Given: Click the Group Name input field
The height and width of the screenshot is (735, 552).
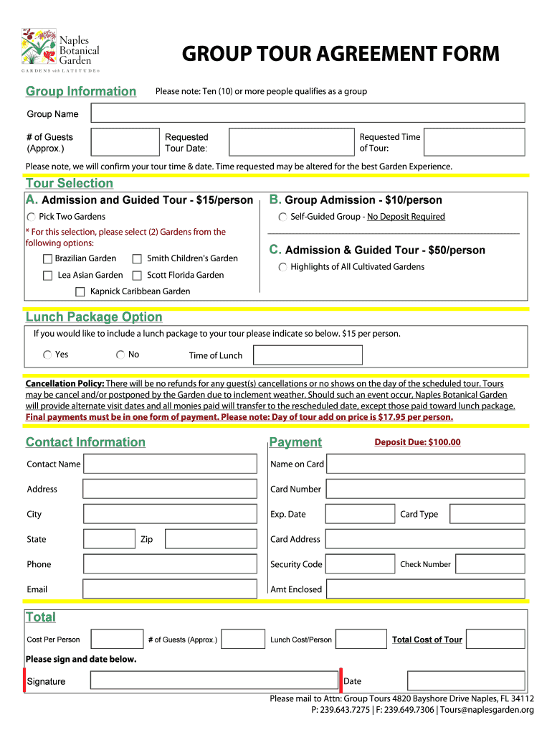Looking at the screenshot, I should coord(308,113).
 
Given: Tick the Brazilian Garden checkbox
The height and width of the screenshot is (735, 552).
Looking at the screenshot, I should coord(47,259).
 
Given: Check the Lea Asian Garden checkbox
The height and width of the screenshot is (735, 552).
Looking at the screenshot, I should coord(47,276).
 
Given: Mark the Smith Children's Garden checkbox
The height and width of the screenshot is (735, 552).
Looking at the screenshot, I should coord(137,259).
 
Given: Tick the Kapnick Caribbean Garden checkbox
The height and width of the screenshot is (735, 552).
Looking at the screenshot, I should coord(80,292).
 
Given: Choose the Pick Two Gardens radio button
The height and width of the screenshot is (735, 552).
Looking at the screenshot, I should coord(32,217).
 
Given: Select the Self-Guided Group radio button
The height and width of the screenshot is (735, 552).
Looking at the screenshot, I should coord(283,217).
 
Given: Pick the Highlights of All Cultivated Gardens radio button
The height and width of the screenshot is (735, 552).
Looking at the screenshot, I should coord(283,268).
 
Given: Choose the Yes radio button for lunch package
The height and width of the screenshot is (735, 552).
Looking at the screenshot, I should coord(47,355).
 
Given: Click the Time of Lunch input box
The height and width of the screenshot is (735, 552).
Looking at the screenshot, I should coord(308,355).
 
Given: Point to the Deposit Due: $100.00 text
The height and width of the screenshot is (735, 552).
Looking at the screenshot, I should coord(417,442).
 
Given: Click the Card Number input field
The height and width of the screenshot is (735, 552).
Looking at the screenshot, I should coord(426,489).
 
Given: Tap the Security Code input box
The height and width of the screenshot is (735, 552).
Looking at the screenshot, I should coord(360,564).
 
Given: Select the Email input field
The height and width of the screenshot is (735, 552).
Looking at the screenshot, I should coord(169,589).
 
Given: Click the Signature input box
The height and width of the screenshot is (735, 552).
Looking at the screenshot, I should coord(213,681).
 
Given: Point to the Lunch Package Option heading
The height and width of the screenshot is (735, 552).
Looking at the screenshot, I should coord(94,317).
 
